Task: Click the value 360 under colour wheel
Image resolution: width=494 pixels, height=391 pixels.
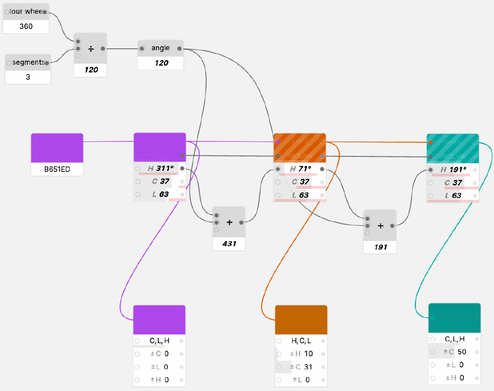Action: click(26, 27)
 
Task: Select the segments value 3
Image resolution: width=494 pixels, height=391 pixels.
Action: click(27, 77)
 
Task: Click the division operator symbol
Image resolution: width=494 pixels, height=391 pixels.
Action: click(91, 49)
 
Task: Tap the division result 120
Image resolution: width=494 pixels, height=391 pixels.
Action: click(91, 70)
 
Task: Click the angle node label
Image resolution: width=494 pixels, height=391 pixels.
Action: click(161, 48)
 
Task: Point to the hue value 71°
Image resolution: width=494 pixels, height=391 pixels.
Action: click(304, 169)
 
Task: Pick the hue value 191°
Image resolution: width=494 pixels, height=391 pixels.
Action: click(458, 170)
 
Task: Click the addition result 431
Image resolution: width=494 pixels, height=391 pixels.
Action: click(229, 244)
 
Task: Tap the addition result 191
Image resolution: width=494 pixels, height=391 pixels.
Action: click(381, 247)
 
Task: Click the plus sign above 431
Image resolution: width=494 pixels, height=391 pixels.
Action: click(229, 223)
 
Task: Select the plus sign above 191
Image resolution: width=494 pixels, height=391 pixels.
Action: click(381, 225)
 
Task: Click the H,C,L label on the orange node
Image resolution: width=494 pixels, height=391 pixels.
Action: click(301, 341)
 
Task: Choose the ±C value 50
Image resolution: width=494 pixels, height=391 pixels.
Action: click(462, 352)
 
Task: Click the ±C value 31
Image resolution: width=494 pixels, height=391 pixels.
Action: click(309, 367)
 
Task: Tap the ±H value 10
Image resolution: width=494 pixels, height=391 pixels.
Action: click(309, 354)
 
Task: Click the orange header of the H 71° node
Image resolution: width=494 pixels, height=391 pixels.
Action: click(300, 148)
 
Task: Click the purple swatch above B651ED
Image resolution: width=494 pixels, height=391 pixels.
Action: click(57, 148)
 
